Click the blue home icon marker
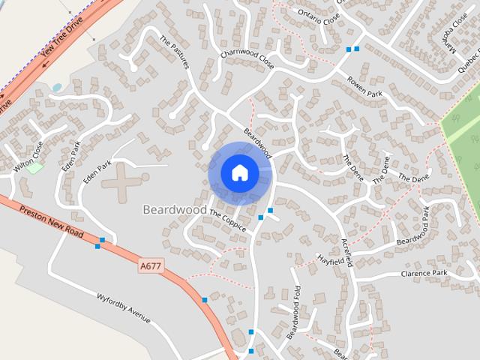pos(239,172)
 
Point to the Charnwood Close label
pos(247,62)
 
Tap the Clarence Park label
pos(424,273)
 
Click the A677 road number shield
pos(150,265)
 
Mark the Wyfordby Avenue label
pos(124,308)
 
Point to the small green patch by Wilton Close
pos(34,167)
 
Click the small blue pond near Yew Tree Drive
pos(57,88)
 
